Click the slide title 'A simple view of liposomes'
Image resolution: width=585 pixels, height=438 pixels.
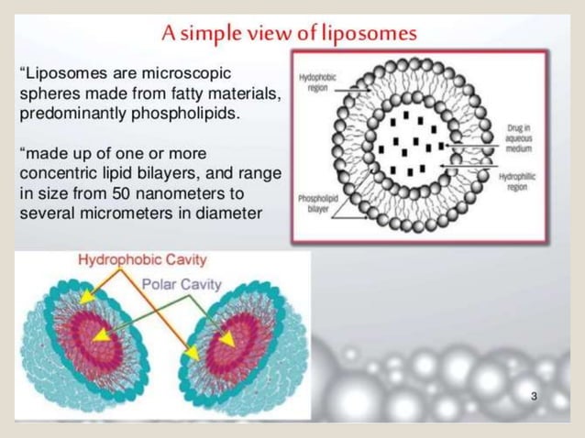tap(289, 33)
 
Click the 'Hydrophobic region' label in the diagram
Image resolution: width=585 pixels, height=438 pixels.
tap(317, 84)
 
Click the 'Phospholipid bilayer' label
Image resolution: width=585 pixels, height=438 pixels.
tap(318, 203)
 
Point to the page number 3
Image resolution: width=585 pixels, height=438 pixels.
tap(534, 396)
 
